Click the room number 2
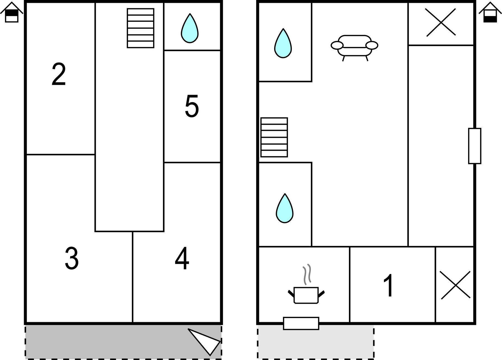(59, 74)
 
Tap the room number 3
(72, 258)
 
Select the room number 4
(182, 258)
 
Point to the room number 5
(192, 106)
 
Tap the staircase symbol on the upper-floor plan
(140, 28)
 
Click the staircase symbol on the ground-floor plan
(274, 137)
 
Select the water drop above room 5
(190, 28)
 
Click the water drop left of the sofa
(283, 43)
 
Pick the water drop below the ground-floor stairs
(285, 208)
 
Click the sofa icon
(355, 48)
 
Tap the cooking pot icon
(306, 295)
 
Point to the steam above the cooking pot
(307, 274)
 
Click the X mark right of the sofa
(441, 22)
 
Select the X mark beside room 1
(455, 285)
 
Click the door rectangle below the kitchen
(301, 323)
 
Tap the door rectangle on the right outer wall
(475, 146)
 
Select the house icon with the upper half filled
(12, 12)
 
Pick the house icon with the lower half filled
(490, 12)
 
